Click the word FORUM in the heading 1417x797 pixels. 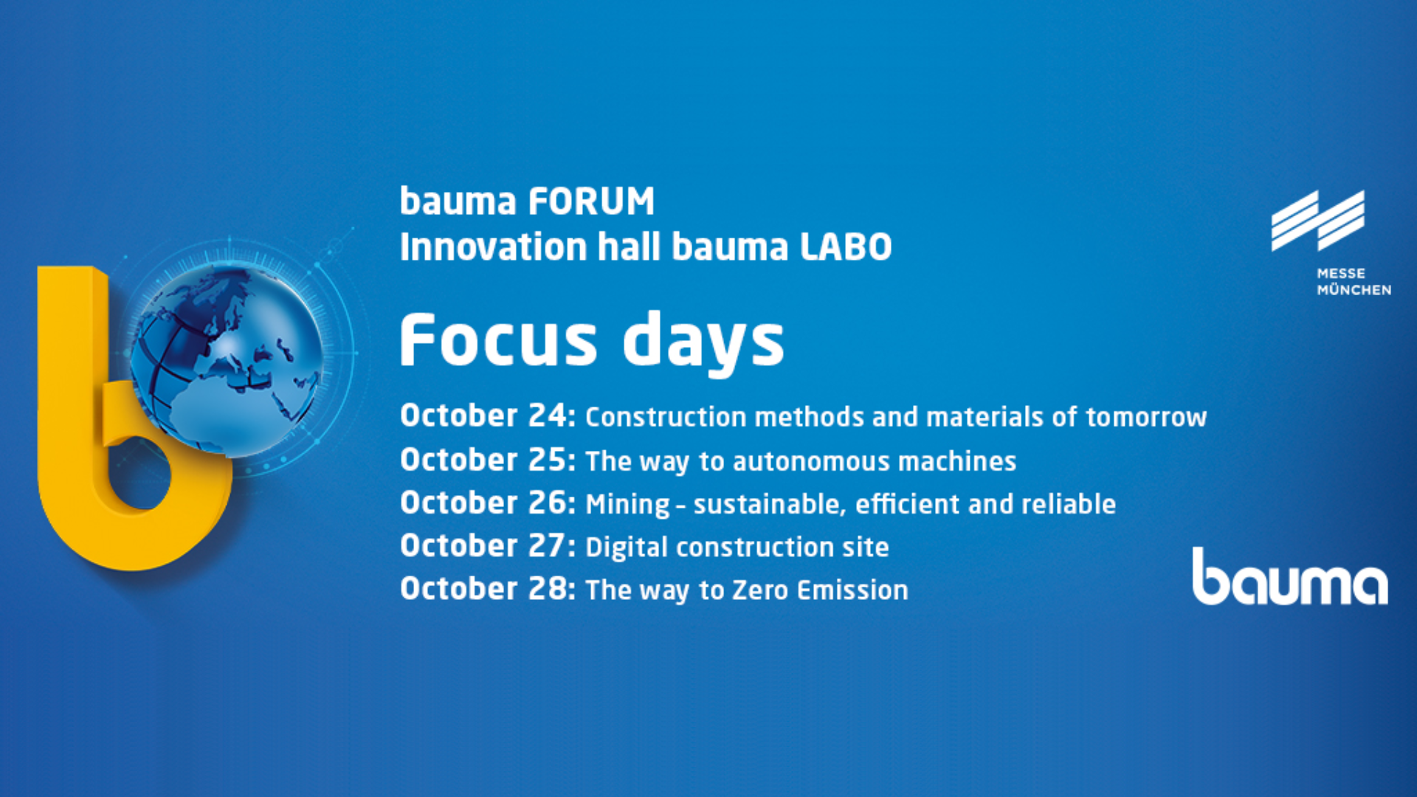(x=591, y=201)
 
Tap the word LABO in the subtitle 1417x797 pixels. (x=847, y=247)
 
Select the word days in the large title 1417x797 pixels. (x=703, y=342)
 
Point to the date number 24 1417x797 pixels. (x=547, y=415)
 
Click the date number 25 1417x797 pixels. (x=547, y=460)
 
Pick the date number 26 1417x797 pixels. (x=547, y=503)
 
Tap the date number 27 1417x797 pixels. (x=547, y=545)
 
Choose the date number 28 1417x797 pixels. (x=547, y=588)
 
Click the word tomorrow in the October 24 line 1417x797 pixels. (x=1146, y=418)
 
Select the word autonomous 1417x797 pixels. (x=811, y=462)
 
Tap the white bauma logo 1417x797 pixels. (x=1290, y=576)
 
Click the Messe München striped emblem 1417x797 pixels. (x=1317, y=221)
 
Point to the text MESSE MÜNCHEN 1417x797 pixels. (x=1354, y=282)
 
